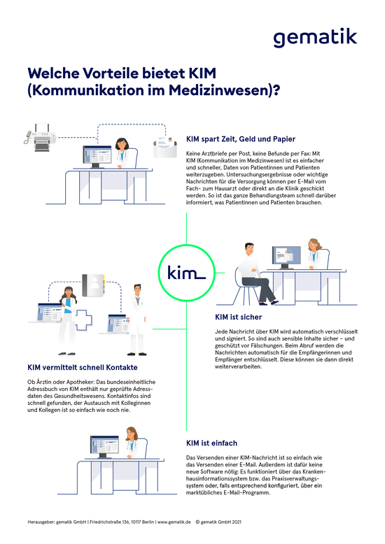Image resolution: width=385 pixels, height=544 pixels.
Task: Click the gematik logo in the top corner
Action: tap(315, 38)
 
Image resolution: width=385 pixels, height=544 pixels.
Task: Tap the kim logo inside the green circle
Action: tap(187, 272)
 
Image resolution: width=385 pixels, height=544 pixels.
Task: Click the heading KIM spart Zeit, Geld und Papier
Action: tap(241, 139)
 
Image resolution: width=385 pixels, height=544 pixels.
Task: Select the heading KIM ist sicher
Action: tap(239, 317)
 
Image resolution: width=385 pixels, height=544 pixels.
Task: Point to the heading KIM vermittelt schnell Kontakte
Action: tap(83, 367)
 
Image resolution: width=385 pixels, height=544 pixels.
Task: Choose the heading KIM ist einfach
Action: tap(211, 443)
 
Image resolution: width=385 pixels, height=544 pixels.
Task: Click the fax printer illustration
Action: tap(41, 137)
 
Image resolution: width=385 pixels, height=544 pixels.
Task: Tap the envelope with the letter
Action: tap(165, 148)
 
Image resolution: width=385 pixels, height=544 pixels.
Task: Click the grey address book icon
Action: tap(94, 285)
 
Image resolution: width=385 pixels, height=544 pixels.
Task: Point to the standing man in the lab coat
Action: tap(137, 320)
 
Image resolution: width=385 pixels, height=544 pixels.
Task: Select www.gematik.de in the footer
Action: tap(174, 522)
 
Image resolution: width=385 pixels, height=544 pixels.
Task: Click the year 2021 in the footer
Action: tap(237, 522)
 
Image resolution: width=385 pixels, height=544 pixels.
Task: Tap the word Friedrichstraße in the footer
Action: tap(104, 522)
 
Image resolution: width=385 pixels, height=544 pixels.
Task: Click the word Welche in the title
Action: tap(53, 73)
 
